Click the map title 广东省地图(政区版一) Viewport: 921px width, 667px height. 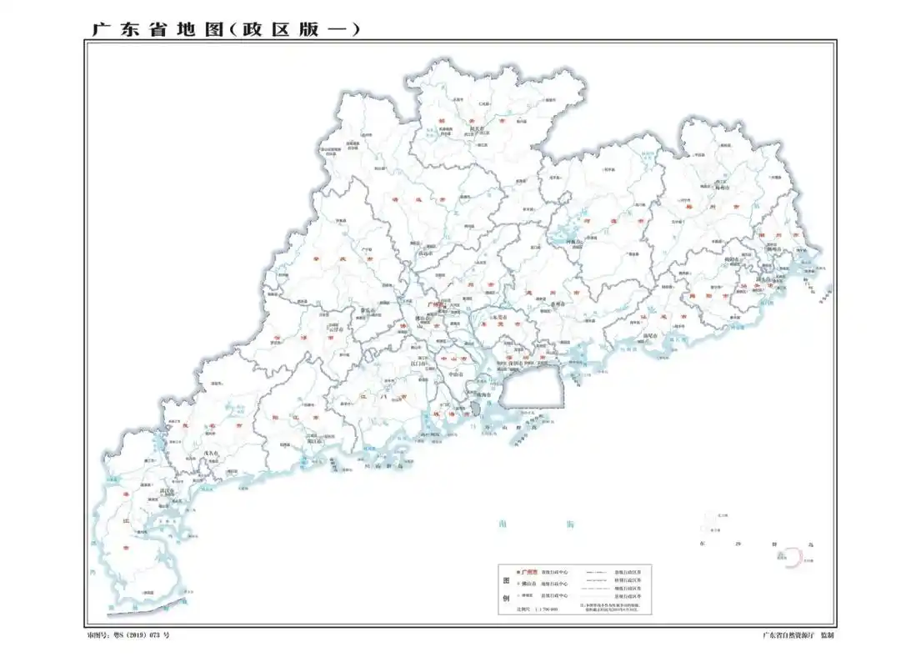(225, 29)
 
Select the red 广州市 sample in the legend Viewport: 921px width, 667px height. (530, 573)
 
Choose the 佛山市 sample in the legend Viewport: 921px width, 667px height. (530, 584)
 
